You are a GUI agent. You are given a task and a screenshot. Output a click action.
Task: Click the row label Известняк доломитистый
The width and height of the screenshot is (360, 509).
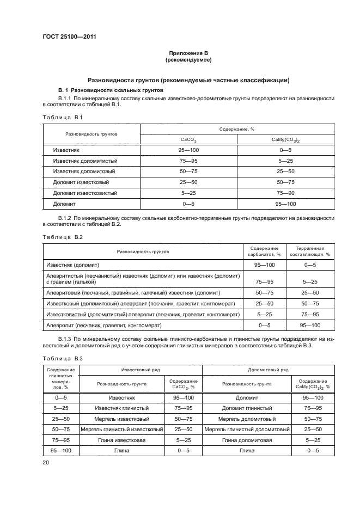click(85, 161)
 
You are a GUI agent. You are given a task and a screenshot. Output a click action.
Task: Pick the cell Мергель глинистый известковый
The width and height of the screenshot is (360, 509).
click(122, 430)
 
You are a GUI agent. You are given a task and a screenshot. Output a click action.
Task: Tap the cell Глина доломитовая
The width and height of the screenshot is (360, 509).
click(245, 440)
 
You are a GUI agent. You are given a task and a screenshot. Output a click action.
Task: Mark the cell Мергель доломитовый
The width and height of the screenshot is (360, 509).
click(245, 419)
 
